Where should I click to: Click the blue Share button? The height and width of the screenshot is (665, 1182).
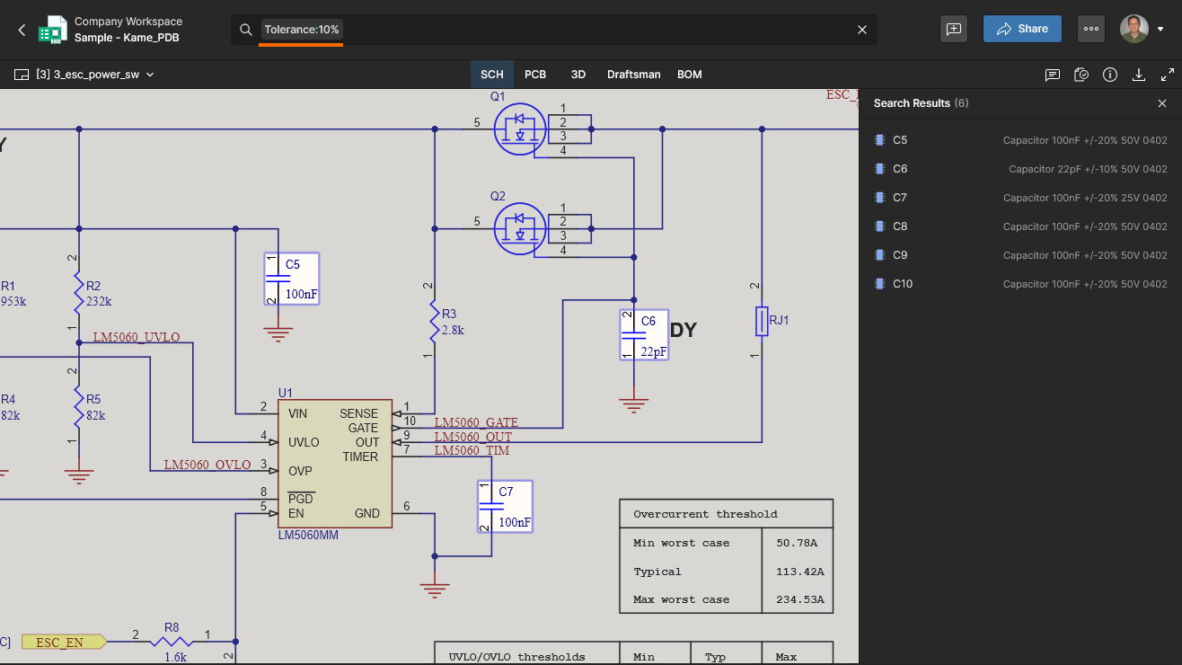tap(1022, 29)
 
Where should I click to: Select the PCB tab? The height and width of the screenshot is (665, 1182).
tap(535, 75)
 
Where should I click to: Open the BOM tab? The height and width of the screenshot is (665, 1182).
tap(689, 75)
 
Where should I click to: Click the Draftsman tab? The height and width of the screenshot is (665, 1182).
tap(633, 75)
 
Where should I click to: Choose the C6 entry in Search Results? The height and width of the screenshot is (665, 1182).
tap(1020, 169)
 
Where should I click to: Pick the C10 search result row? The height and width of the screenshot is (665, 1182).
tap(1020, 284)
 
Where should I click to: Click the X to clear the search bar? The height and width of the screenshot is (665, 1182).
tap(861, 30)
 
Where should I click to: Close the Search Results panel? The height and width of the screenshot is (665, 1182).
tap(1162, 103)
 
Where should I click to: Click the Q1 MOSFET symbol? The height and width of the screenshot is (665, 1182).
tap(520, 129)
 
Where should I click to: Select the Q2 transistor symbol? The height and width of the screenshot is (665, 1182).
tap(520, 228)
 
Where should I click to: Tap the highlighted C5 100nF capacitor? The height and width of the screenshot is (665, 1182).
tap(291, 279)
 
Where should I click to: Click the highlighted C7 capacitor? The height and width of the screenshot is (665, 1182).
tap(505, 507)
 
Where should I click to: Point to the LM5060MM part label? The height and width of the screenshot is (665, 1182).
tap(308, 536)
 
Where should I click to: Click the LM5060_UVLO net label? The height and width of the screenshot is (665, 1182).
tap(137, 337)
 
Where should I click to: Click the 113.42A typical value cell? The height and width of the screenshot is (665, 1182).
tap(799, 572)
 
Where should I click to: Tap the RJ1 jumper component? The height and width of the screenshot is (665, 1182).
tap(762, 321)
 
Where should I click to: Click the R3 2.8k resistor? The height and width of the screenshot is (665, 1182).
tap(435, 322)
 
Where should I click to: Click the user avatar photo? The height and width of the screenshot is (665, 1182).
tap(1134, 29)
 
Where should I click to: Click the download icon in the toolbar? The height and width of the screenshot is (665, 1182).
tap(1139, 75)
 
